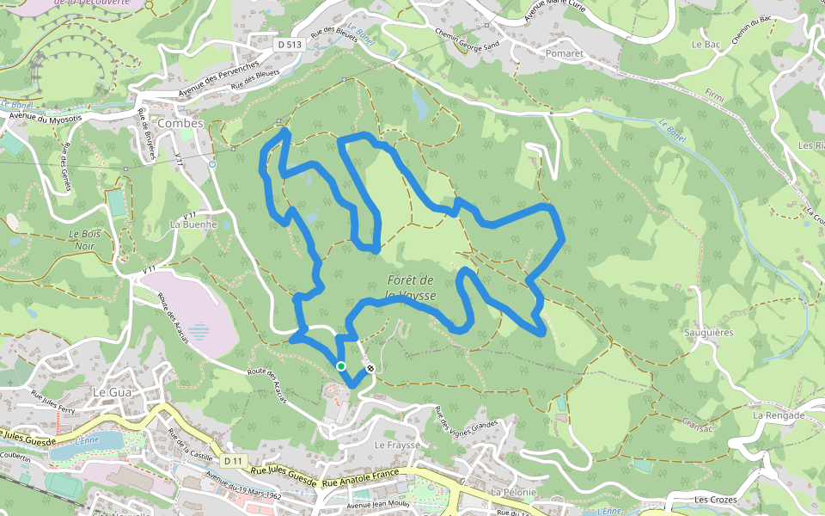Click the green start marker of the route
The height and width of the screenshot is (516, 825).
click(x=341, y=366)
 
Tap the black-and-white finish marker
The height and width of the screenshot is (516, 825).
click(x=370, y=369)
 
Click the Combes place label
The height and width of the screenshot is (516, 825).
click(x=180, y=123)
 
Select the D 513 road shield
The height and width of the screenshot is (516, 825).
click(x=290, y=43)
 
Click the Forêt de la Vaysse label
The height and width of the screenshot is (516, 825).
click(x=412, y=287)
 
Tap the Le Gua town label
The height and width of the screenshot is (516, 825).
click(x=109, y=391)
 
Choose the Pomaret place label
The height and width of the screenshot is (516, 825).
click(x=564, y=52)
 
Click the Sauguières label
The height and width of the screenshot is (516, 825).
click(x=708, y=333)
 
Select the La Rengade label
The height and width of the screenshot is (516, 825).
click(x=779, y=415)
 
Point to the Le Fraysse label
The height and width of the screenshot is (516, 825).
click(x=397, y=445)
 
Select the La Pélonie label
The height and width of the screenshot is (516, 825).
click(x=513, y=492)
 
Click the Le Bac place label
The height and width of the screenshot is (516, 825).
click(x=706, y=44)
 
